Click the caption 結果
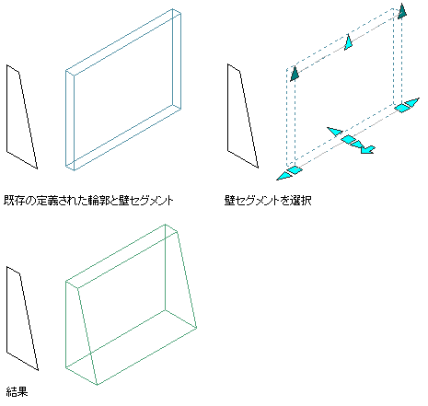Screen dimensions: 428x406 click(x=17, y=391)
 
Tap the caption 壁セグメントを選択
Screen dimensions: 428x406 click(x=268, y=201)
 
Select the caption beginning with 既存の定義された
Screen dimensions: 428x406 click(x=88, y=201)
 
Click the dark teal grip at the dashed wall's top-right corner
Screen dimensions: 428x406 click(x=402, y=12)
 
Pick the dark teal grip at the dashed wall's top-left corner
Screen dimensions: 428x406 click(x=295, y=74)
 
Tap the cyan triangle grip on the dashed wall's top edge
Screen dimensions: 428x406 click(x=348, y=42)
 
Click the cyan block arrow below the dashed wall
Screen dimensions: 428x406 click(x=367, y=149)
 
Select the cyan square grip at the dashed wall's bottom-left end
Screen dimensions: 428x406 click(x=295, y=169)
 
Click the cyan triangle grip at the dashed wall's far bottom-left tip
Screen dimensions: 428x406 click(x=283, y=176)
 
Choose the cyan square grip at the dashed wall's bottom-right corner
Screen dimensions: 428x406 click(x=401, y=108)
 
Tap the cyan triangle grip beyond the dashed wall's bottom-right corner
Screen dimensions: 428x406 click(x=412, y=102)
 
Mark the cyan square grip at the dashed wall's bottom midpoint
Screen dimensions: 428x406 click(x=348, y=139)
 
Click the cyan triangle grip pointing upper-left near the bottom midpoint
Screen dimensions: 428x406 click(x=335, y=132)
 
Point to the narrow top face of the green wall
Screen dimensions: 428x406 click(x=121, y=257)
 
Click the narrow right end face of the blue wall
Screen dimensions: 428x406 click(x=177, y=59)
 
